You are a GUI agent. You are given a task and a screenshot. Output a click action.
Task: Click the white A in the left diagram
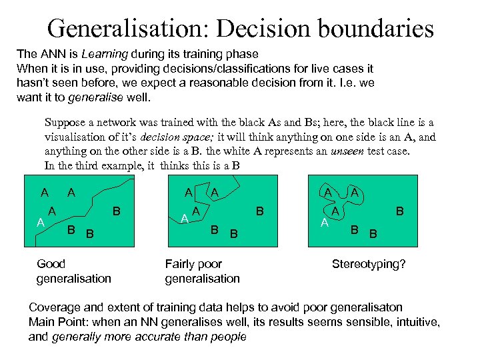click(x=40, y=221)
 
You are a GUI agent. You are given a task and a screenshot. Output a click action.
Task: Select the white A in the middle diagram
click(x=185, y=217)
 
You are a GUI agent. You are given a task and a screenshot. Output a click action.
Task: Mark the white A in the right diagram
click(x=325, y=221)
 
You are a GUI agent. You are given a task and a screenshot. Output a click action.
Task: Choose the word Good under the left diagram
click(x=51, y=264)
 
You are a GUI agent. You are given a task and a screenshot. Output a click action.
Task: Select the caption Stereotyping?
click(x=369, y=264)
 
